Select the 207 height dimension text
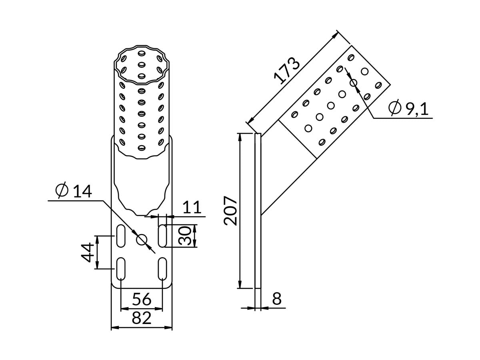231,210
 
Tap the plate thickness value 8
277,299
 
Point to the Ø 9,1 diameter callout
409,108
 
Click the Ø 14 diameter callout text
74,191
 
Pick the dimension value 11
192,208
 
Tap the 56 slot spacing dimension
142,299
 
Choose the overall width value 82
142,318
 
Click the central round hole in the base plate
142,240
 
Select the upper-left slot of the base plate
120,236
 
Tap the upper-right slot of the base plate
162,236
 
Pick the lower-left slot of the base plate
120,269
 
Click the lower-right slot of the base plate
162,269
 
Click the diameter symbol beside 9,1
395,108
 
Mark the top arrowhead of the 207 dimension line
240,136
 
